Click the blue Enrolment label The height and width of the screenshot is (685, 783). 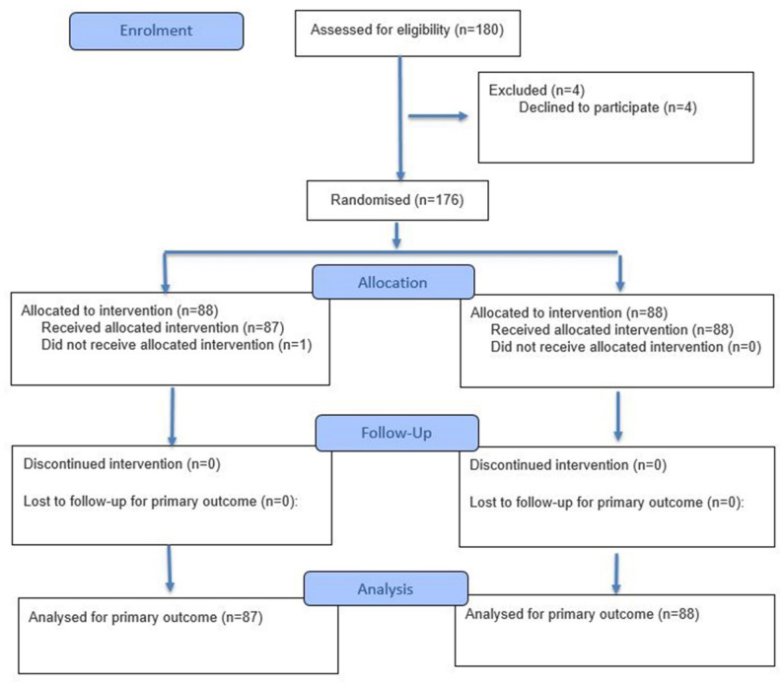click(156, 31)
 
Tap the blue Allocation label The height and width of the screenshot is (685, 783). click(393, 282)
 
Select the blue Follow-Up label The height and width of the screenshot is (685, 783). click(397, 433)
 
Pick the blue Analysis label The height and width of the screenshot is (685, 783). click(386, 588)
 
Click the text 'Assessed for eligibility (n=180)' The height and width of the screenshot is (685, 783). click(407, 30)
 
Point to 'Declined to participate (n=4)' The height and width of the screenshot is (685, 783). click(607, 107)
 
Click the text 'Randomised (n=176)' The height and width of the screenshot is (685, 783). click(397, 200)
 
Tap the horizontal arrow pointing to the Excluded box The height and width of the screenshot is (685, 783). click(438, 116)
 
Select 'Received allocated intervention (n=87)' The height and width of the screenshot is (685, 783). click(163, 327)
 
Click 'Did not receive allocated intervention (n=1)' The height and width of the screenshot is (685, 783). click(177, 345)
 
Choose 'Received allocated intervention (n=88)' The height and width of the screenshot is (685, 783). click(612, 329)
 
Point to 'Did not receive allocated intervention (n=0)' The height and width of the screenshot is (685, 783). click(625, 347)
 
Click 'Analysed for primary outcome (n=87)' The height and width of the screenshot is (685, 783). click(145, 617)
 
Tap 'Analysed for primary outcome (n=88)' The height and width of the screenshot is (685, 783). click(582, 614)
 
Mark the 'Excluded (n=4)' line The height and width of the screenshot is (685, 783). click(536, 91)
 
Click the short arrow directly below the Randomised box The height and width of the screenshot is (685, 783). click(396, 236)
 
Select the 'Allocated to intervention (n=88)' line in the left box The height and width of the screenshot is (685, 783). click(120, 310)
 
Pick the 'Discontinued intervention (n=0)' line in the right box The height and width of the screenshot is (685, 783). click(568, 465)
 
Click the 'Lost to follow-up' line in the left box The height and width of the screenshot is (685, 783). click(161, 501)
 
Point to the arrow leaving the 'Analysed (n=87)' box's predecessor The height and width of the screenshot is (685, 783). click(170, 568)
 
